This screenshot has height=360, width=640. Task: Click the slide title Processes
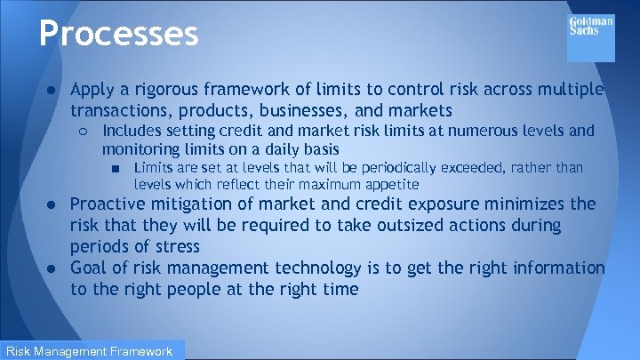coord(118,34)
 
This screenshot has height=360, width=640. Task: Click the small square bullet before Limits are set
coord(116,168)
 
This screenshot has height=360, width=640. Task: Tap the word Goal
coord(90,268)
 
